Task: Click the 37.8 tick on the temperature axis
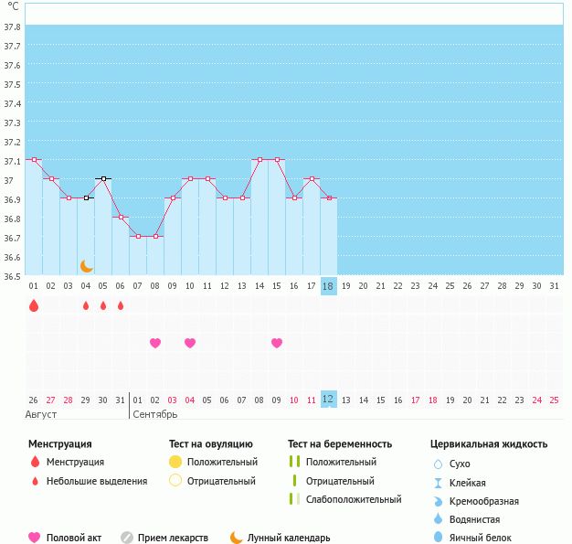12,27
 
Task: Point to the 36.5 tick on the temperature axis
12,276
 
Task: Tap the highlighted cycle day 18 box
329,286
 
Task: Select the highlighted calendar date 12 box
329,400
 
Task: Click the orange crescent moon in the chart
87,266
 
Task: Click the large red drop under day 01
34,305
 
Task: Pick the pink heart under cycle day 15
277,343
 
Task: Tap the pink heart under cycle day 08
155,343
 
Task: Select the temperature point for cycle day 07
138,237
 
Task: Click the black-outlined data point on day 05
103,179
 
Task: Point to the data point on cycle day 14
260,160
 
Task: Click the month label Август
42,414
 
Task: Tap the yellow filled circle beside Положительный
176,462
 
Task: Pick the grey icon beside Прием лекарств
127,538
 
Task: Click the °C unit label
13,6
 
